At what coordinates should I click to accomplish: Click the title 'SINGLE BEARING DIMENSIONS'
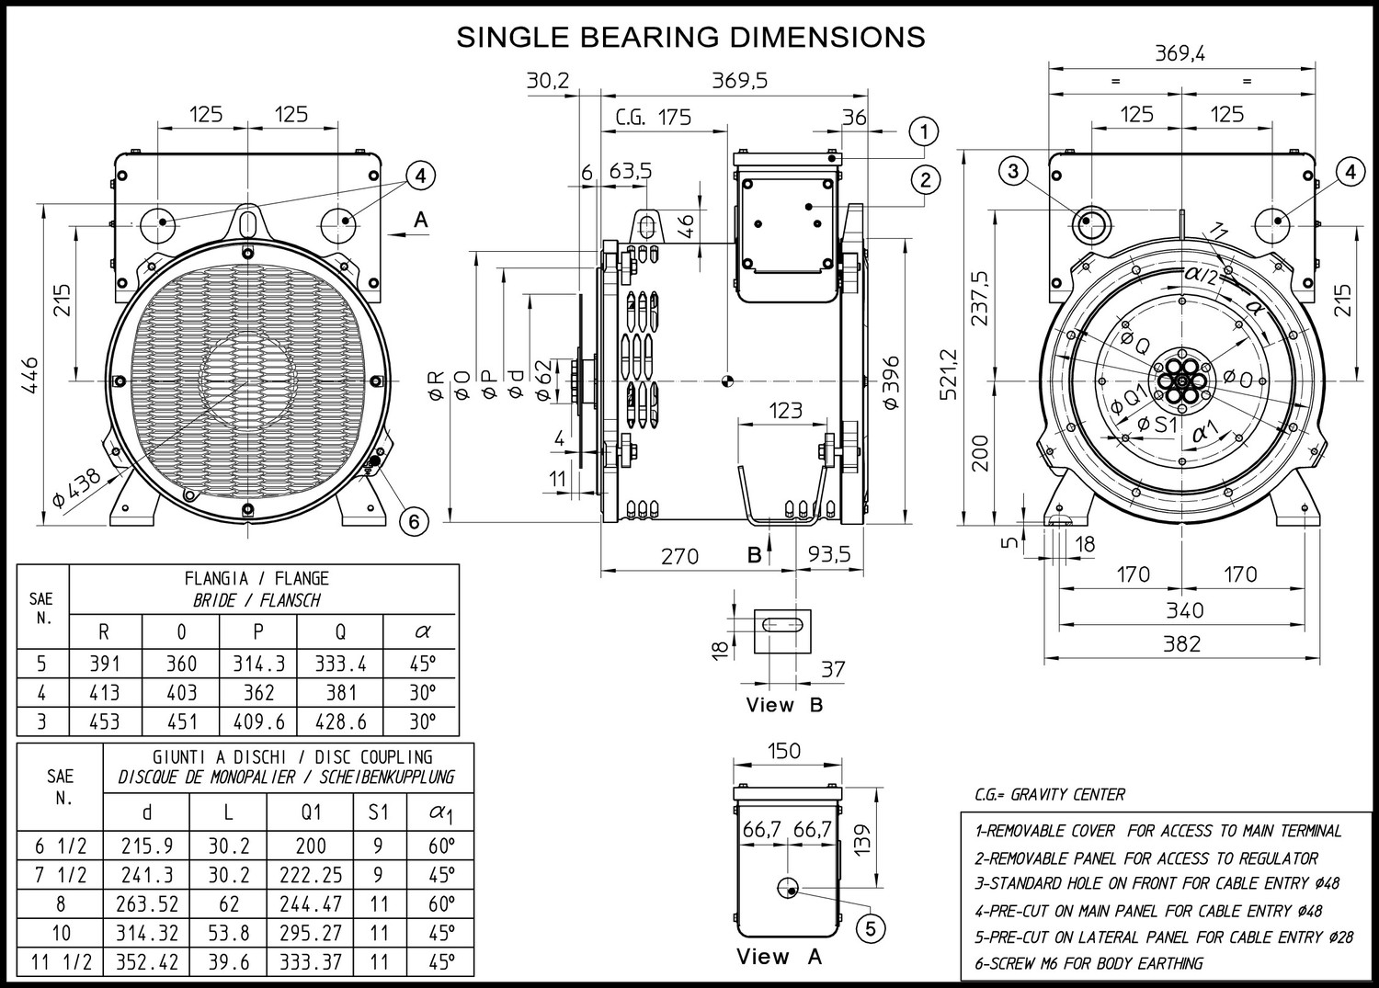(690, 37)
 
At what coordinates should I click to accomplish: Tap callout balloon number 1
(924, 131)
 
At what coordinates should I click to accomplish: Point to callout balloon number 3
(1013, 171)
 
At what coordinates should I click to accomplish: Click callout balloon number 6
(414, 522)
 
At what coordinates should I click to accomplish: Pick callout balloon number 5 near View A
(870, 928)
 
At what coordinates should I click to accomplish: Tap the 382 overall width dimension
(1181, 643)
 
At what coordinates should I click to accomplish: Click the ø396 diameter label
(890, 382)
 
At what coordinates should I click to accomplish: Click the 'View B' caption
(784, 705)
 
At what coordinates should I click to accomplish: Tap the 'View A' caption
(779, 957)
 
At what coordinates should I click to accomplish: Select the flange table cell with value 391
(105, 664)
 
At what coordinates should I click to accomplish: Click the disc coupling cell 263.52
(147, 904)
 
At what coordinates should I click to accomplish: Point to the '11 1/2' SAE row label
(61, 962)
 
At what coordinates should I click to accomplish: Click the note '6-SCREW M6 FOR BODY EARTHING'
(1088, 963)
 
